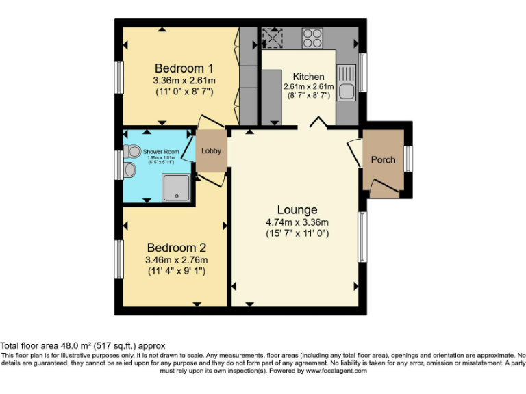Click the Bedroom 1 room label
[184, 68]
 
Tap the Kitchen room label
[308, 77]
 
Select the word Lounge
[297, 209]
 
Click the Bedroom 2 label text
[176, 248]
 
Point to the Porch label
[383, 160]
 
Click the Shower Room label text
[161, 151]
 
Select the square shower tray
[177, 187]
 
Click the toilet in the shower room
[133, 151]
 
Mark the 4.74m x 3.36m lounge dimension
[297, 222]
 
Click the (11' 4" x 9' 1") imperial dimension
[176, 272]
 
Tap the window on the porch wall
[408, 159]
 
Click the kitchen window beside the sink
[363, 72]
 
